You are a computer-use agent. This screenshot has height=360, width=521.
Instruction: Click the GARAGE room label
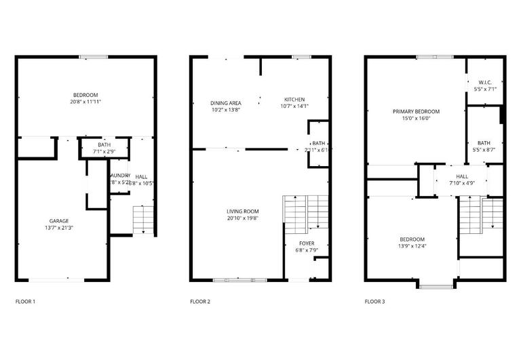pos(59,221)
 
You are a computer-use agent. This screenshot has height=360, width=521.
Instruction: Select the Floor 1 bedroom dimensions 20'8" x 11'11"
pos(86,102)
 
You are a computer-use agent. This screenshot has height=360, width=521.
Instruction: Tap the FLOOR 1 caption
pos(25,301)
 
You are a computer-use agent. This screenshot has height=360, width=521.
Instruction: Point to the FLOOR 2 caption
pos(200,301)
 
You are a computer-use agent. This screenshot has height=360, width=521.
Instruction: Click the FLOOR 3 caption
pos(374,301)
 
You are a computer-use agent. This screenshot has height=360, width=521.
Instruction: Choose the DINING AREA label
pos(225,102)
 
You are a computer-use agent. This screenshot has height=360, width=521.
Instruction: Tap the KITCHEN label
pos(294,99)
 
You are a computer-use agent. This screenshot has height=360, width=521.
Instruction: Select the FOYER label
pos(307,243)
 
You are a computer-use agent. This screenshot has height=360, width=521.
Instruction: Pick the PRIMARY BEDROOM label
pos(416,111)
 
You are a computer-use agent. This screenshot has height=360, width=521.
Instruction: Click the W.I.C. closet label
pos(484,82)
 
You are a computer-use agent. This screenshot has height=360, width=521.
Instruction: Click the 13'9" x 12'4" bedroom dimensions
pos(412,247)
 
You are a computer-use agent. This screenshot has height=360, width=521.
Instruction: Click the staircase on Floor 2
pos(305,212)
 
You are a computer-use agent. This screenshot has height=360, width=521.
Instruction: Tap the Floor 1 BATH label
pos(104,144)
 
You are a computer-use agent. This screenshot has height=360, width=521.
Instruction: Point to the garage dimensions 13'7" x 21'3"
pos(59,228)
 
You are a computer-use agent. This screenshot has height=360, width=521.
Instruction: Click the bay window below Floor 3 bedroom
pos(435,285)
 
